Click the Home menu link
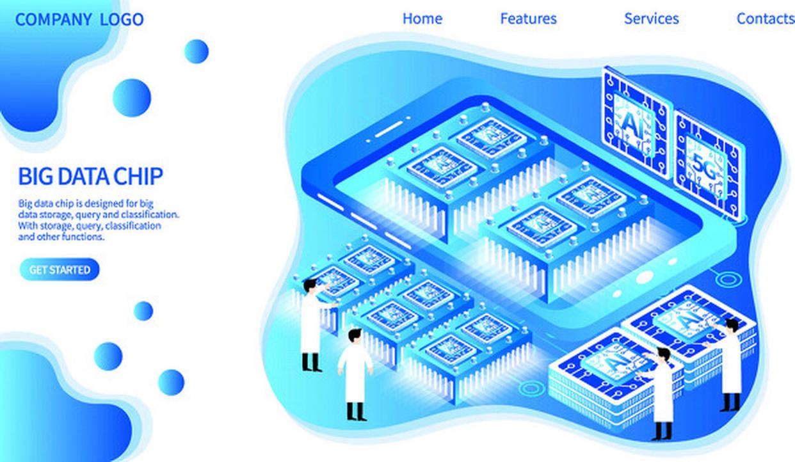tap(422, 19)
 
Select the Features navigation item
tap(529, 19)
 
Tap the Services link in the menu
tap(652, 19)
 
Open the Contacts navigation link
tap(766, 19)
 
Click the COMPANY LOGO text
tap(79, 19)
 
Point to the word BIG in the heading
tap(36, 176)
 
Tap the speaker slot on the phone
tap(389, 129)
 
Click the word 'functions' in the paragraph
tap(83, 237)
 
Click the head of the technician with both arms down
tap(354, 336)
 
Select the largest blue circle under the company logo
tap(132, 97)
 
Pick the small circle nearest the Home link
tap(197, 51)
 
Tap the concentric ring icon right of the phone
tap(728, 280)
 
